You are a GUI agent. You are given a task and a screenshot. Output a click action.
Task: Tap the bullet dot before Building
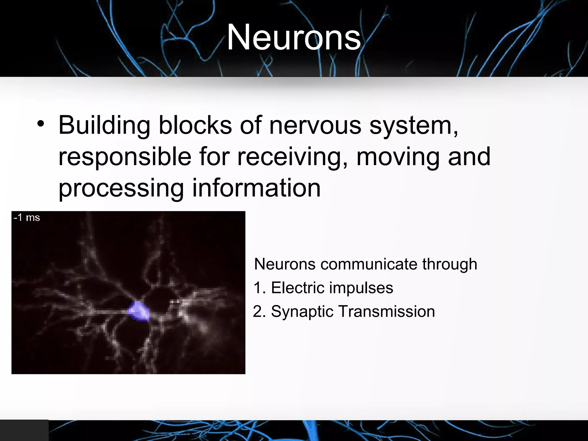pyautogui.click(x=41, y=124)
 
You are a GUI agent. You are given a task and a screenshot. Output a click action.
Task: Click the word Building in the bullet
pyautogui.click(x=104, y=126)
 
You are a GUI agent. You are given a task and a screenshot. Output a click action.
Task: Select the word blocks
pyautogui.click(x=195, y=125)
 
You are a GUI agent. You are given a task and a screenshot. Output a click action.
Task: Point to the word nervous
pyautogui.click(x=315, y=126)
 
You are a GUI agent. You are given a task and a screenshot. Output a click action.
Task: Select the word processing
pyautogui.click(x=121, y=189)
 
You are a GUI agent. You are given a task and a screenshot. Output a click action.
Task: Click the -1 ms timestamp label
pyautogui.click(x=27, y=218)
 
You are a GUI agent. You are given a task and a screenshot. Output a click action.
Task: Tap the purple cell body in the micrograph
pyautogui.click(x=139, y=311)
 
